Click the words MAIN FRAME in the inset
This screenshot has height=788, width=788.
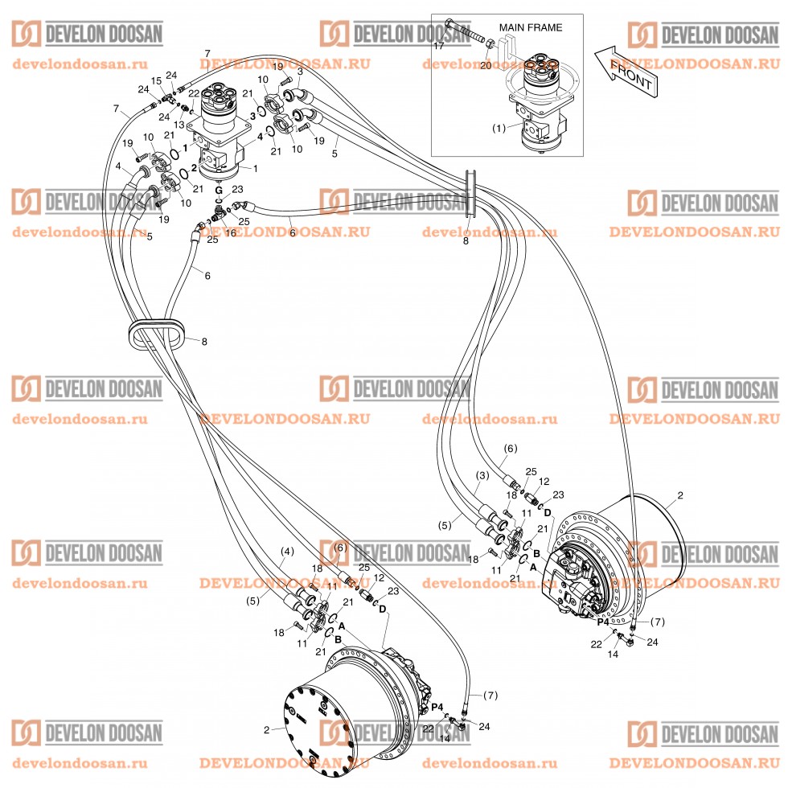(530, 27)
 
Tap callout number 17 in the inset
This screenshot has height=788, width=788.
(439, 46)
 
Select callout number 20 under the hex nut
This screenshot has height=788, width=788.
(485, 66)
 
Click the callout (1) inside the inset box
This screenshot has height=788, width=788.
(499, 127)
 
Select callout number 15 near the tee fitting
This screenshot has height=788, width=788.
(157, 80)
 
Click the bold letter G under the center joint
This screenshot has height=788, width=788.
(218, 190)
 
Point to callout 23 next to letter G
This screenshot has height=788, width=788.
(237, 190)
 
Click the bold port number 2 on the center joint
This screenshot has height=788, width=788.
(194, 168)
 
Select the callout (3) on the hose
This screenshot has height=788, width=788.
(481, 475)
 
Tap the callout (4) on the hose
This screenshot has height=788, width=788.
(287, 552)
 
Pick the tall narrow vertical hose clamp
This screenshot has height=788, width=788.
(471, 192)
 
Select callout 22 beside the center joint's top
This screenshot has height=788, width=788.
(194, 94)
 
